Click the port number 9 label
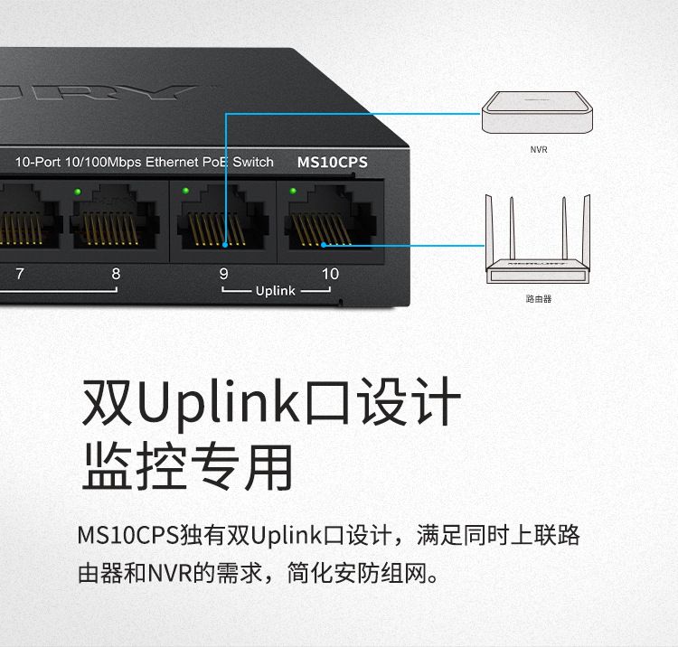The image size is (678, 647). [222, 273]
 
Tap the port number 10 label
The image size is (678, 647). [330, 273]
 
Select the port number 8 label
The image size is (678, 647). [115, 273]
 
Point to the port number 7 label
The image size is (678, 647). [20, 273]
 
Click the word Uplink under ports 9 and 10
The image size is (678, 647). [276, 291]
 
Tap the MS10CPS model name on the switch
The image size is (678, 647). [333, 164]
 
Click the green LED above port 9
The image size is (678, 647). [185, 191]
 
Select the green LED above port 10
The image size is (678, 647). [293, 191]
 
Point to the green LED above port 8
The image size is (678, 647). [78, 191]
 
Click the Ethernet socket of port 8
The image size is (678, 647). [113, 221]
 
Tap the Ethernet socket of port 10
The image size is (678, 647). [327, 221]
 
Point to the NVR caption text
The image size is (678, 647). [539, 149]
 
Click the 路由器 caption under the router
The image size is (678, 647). [538, 298]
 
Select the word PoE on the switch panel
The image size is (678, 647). [214, 163]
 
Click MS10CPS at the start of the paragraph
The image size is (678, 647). [127, 536]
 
